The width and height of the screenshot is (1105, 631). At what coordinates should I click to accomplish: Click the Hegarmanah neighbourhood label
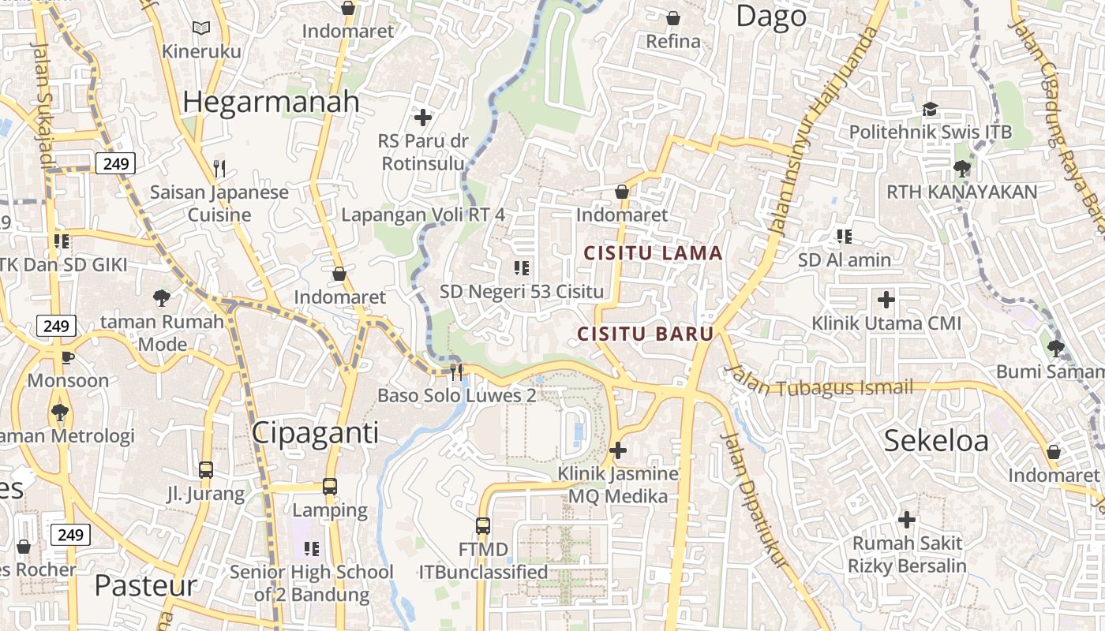pos(271,102)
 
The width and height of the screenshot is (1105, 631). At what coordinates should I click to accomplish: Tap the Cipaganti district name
pos(315,433)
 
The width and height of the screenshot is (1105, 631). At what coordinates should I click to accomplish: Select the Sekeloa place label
pos(935,440)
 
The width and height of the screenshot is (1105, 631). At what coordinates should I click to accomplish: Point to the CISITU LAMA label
pos(653,253)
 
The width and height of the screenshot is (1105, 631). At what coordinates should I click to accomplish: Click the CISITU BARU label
pos(646,334)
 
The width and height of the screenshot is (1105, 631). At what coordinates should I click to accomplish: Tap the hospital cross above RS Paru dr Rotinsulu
pos(423,118)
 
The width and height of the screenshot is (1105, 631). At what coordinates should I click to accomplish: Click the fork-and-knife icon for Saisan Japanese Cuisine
pos(219,168)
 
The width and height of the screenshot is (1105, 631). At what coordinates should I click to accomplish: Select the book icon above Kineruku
pos(201,28)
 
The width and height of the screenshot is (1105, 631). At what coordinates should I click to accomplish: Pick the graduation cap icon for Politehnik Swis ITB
pos(930,109)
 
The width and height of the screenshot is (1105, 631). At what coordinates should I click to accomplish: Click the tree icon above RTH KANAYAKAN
pos(961,168)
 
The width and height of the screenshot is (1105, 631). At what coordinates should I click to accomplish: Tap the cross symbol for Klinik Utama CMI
pos(886,300)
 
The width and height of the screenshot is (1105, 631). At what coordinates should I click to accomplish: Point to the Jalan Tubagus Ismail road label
pos(821,387)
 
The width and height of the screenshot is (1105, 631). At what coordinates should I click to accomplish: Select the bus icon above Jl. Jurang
pos(206,470)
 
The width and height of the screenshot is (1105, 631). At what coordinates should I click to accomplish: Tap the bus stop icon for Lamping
pos(330,487)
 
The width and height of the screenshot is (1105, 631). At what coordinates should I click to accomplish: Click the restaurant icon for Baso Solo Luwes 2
pos(456,372)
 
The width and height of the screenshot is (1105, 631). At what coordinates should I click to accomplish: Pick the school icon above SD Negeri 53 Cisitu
pos(521,268)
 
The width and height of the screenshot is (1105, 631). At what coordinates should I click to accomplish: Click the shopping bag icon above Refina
pos(673,17)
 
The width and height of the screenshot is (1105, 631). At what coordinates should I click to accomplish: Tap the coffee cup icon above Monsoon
pos(68,357)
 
